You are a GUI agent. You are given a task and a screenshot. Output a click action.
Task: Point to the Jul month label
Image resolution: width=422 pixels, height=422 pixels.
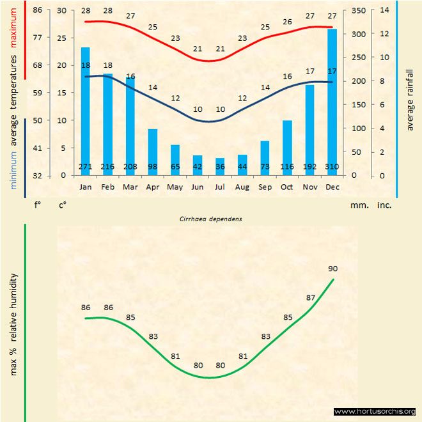[220, 187]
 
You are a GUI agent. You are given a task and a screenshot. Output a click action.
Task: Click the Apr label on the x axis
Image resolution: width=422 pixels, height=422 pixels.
[152, 187]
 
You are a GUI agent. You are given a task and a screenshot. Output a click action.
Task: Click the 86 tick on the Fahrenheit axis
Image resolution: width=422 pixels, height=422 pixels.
[37, 10]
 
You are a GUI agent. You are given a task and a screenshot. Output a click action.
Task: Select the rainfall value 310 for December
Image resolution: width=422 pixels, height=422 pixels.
[332, 168]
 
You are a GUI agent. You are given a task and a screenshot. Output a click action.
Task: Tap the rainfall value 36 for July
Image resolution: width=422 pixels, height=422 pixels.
[220, 168]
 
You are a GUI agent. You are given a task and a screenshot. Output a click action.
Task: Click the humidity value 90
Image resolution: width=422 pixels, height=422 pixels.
[332, 268]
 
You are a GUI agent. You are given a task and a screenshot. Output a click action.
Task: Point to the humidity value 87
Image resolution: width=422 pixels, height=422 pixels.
[311, 297]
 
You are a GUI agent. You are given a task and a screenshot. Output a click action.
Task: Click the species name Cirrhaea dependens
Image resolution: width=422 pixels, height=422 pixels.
[212, 218]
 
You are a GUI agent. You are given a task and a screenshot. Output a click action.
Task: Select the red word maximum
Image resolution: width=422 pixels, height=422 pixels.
[13, 26]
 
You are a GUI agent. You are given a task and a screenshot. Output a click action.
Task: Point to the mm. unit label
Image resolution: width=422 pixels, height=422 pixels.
[357, 206]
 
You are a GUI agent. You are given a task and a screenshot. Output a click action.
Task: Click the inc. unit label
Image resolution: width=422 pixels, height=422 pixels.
[384, 206]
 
